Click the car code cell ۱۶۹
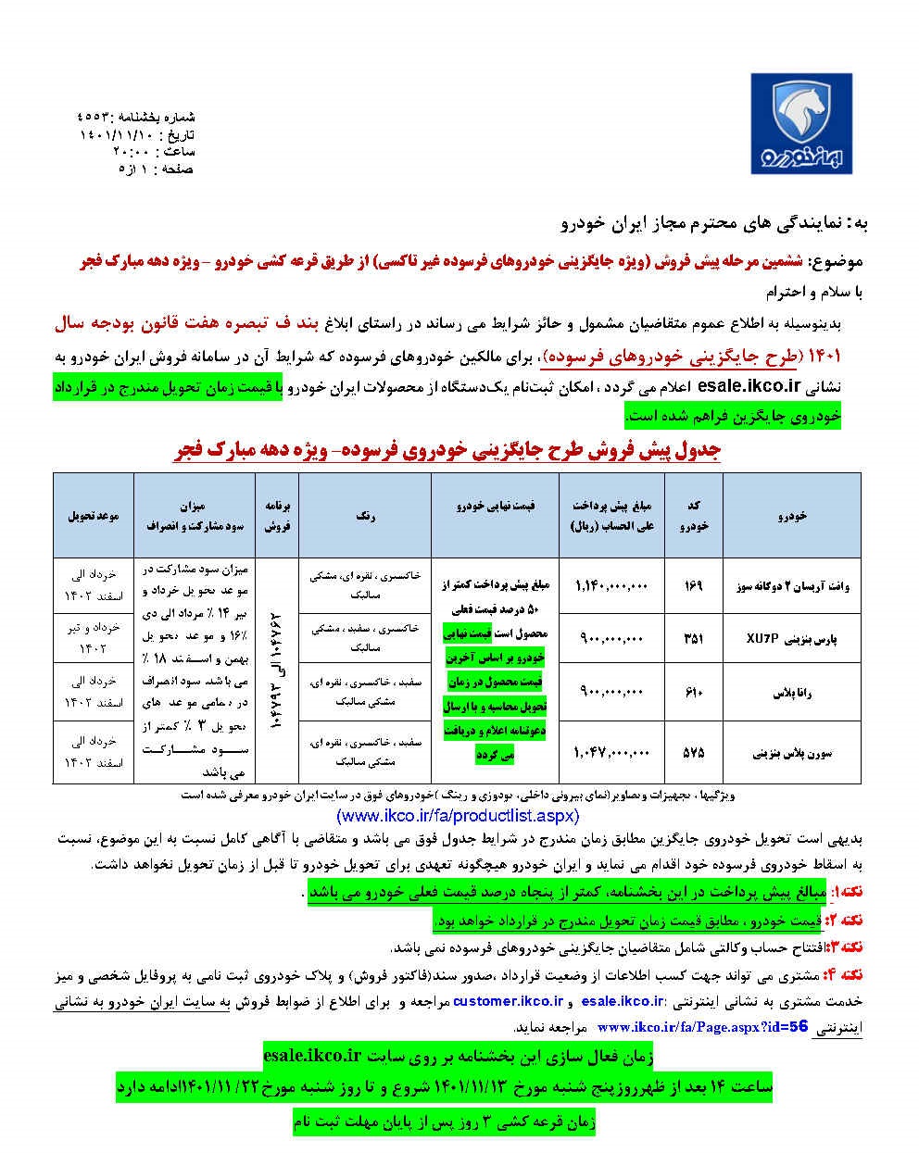(696, 585)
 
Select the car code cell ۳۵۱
(696, 637)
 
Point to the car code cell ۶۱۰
(696, 692)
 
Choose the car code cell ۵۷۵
(696, 753)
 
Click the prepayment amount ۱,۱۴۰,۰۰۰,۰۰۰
(612, 585)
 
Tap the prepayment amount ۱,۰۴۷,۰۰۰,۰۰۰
(612, 753)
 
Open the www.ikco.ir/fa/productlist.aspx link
(458, 816)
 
